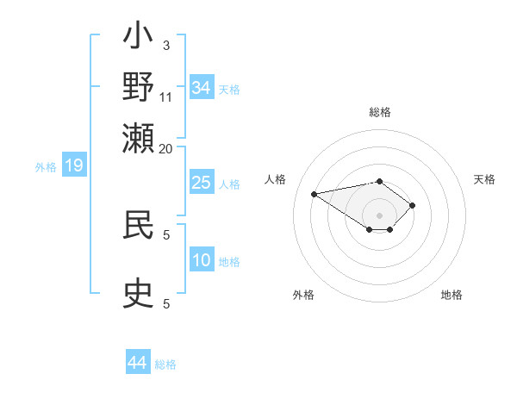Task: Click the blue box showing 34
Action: click(x=202, y=88)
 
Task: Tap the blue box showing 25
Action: click(x=202, y=183)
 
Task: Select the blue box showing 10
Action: click(x=202, y=260)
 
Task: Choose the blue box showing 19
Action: click(x=74, y=166)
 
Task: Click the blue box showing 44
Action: click(x=138, y=363)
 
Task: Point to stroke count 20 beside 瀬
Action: click(x=166, y=148)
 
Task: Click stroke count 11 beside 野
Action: click(x=166, y=97)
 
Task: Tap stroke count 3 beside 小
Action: click(x=166, y=46)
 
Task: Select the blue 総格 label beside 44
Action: click(x=165, y=364)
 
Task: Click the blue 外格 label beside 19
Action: click(x=46, y=167)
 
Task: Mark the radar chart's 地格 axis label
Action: click(x=452, y=295)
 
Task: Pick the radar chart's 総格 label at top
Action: click(x=380, y=112)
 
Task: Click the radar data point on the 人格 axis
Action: click(x=315, y=193)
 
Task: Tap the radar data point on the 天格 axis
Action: click(x=413, y=205)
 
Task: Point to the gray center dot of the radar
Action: click(x=380, y=215)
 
